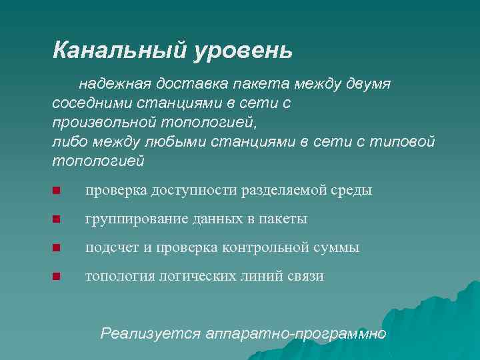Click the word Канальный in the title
(120, 50)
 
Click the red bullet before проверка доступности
(57, 191)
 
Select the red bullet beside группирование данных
(57, 219)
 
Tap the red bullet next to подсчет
(57, 248)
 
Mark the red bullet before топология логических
(57, 277)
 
